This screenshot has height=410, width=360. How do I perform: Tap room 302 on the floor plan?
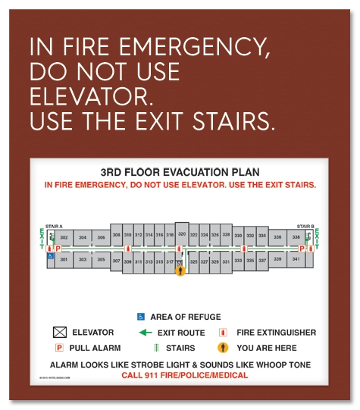pyautogui.click(x=64, y=238)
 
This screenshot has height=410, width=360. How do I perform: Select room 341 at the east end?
pyautogui.click(x=296, y=260)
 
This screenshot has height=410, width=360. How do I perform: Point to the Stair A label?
pyautogui.click(x=55, y=226)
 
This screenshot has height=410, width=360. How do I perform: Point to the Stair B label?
pyautogui.click(x=305, y=226)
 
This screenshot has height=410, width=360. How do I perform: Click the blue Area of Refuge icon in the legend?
pyautogui.click(x=141, y=316)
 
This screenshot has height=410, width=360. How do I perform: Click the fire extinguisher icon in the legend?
pyautogui.click(x=223, y=332)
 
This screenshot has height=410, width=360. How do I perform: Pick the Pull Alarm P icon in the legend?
pyautogui.click(x=59, y=348)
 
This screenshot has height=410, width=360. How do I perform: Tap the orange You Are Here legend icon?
pyautogui.click(x=223, y=348)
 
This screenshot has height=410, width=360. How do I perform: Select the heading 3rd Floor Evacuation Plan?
pyautogui.click(x=180, y=172)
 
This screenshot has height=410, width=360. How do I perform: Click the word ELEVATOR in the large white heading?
pyautogui.click(x=89, y=97)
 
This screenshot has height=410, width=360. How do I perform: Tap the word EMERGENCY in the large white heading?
pyautogui.click(x=180, y=48)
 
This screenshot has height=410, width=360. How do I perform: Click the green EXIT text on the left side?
pyautogui.click(x=42, y=240)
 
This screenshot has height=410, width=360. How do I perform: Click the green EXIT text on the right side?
pyautogui.click(x=318, y=240)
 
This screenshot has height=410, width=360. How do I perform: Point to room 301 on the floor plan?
pyautogui.click(x=64, y=260)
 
